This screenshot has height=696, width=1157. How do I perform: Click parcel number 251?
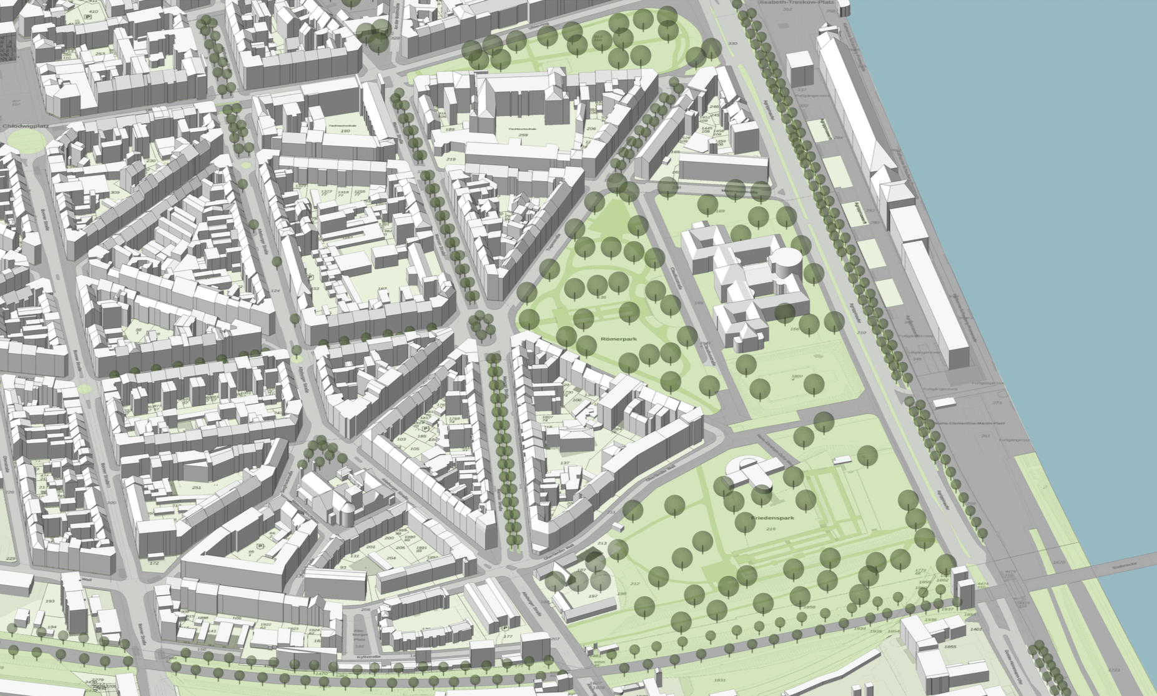click(x=196, y=487)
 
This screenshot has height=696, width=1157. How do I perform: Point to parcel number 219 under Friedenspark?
click(x=769, y=529)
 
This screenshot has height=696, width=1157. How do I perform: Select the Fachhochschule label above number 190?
click(x=342, y=125)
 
